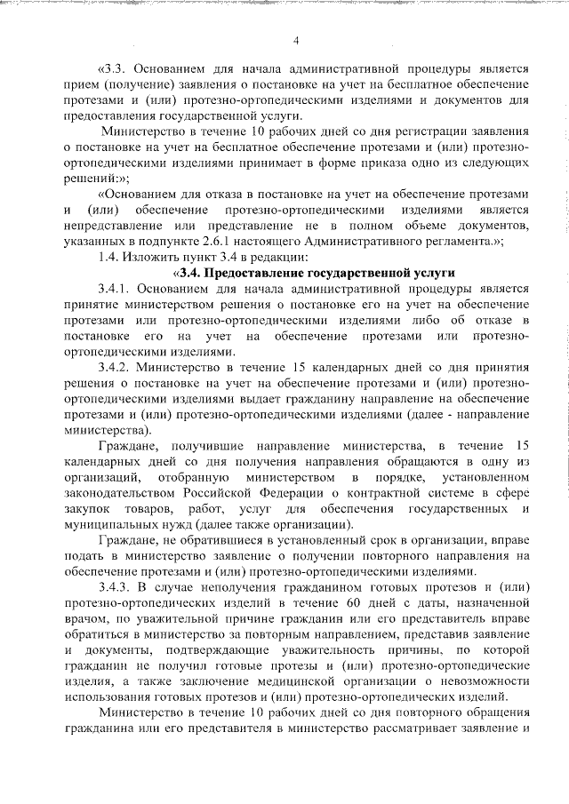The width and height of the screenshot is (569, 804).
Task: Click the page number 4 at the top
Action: (x=297, y=40)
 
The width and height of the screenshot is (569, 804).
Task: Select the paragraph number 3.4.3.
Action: (x=116, y=588)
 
